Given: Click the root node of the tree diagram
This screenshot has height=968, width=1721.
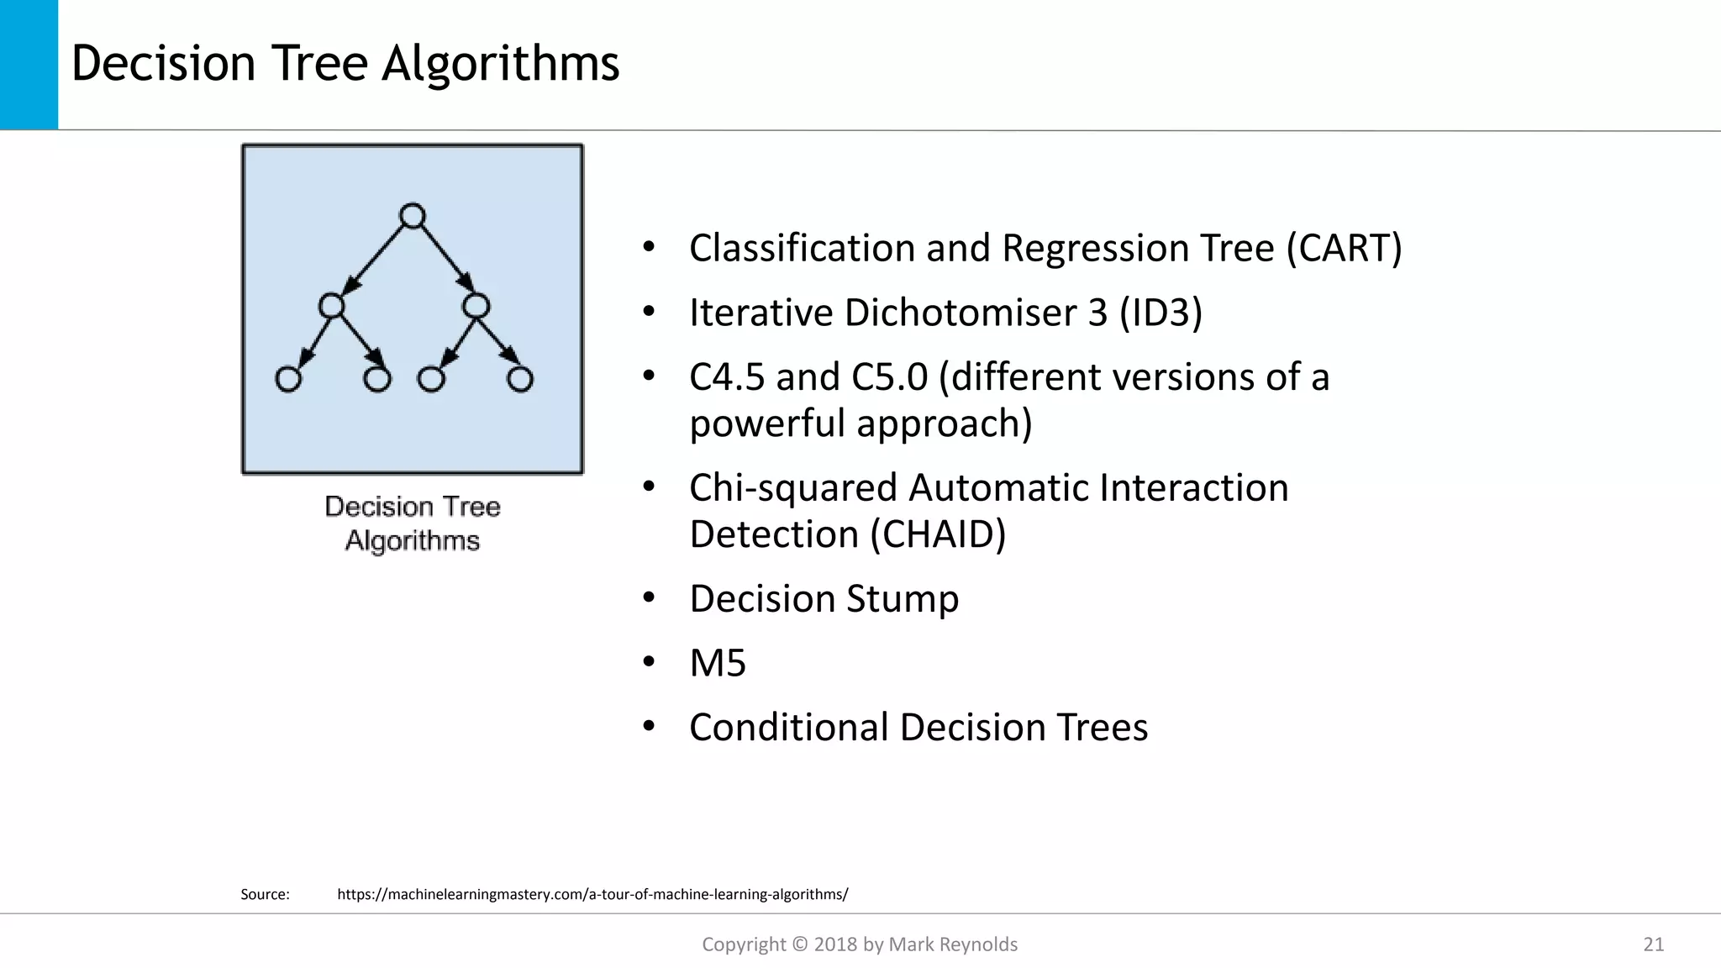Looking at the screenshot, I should tap(412, 217).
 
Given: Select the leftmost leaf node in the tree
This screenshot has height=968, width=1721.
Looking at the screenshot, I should tap(288, 380).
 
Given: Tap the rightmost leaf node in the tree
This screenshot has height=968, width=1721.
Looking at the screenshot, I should tap(520, 380).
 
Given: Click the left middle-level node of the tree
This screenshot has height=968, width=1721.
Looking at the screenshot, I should tap(332, 306).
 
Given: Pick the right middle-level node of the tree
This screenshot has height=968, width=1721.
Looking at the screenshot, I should tap(476, 306).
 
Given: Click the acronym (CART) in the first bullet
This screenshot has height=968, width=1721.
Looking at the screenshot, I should tap(1344, 249).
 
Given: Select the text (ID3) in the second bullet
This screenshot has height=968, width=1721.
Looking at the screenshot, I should tap(1160, 313).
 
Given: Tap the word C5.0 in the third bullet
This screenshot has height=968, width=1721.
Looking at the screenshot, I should tap(889, 377).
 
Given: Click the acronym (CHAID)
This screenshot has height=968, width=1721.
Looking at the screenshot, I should tap(938, 534).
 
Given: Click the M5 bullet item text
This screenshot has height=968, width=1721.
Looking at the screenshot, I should tap(718, 663).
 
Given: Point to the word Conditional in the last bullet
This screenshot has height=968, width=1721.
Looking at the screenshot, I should tap(788, 728).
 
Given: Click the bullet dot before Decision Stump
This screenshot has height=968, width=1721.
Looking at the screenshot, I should tap(649, 597).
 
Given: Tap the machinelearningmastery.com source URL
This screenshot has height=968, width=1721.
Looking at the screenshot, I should tap(592, 894).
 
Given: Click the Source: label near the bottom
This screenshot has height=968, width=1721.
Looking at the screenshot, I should tap(265, 894).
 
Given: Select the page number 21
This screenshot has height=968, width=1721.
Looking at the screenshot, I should tap(1653, 944).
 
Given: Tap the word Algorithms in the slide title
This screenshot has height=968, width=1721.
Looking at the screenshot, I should tap(500, 64).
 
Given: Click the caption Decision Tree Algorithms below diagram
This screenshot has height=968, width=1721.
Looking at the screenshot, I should tap(413, 523).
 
